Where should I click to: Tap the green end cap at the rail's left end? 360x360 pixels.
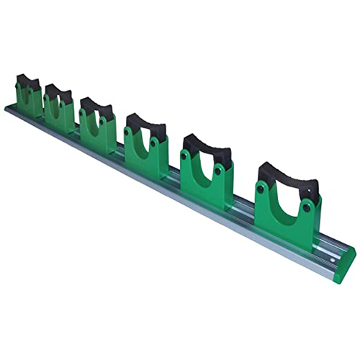(x=10, y=108)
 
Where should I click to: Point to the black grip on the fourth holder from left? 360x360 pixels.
(x=145, y=125)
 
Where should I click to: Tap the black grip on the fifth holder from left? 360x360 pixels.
(x=207, y=147)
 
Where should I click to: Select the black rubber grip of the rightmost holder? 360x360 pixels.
(x=287, y=176)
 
